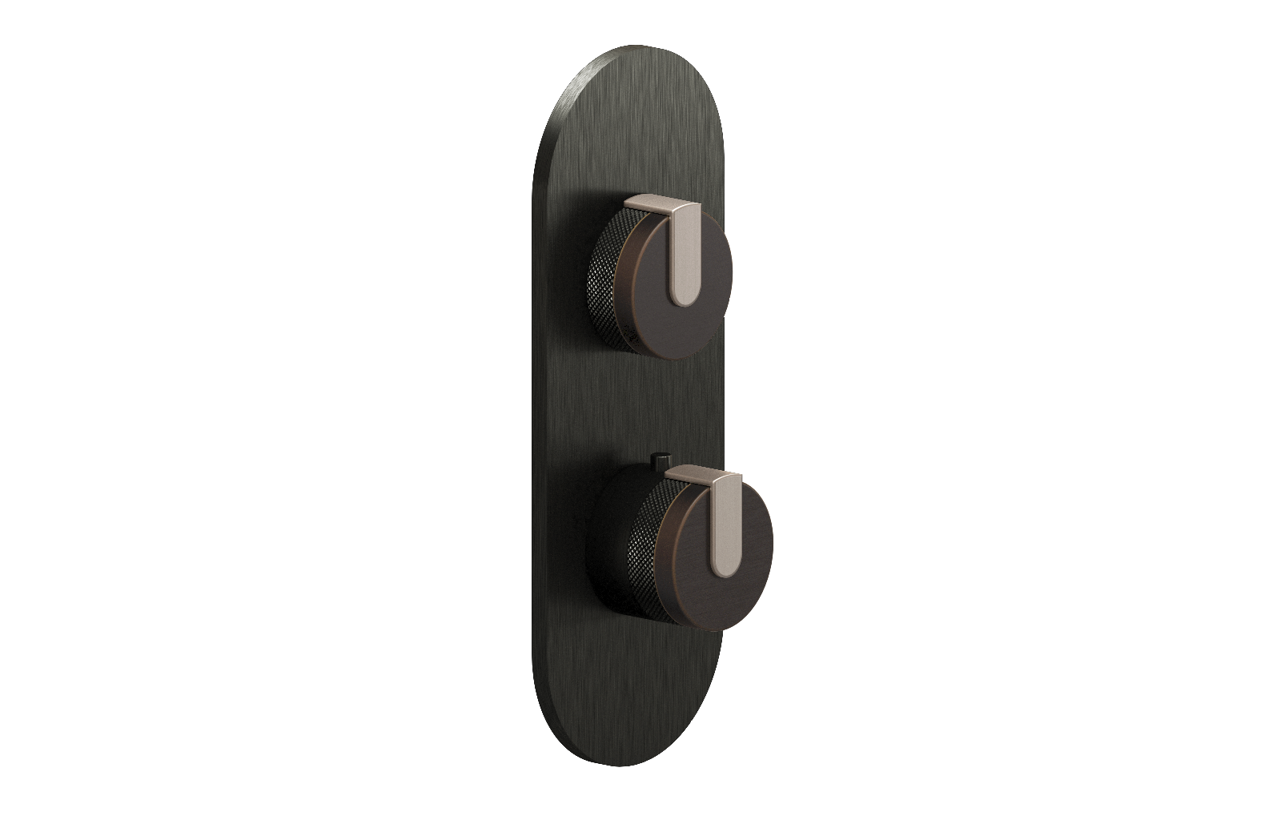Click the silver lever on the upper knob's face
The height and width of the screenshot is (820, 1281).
pos(685,256)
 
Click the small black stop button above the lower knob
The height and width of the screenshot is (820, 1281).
pos(658,460)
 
